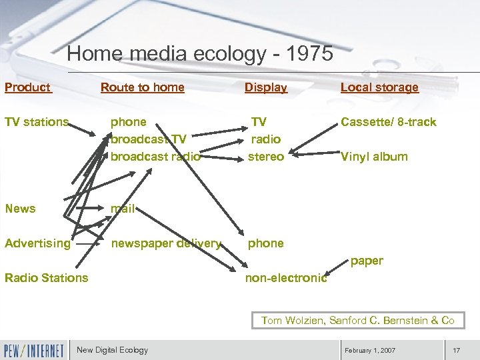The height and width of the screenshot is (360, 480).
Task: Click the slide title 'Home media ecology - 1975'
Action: tap(200, 53)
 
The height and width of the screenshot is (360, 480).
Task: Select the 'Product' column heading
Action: tap(27, 87)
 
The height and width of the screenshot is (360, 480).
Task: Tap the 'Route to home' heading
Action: tap(142, 87)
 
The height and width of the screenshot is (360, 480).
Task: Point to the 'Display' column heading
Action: tap(265, 87)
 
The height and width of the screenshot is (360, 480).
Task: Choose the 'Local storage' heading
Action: tap(379, 87)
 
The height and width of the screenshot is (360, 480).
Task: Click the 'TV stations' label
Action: tap(37, 122)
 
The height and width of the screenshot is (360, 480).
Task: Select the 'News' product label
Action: tap(20, 209)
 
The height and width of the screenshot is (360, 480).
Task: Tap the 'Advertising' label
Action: tap(37, 243)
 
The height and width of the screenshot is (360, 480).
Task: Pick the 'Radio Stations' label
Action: tap(46, 278)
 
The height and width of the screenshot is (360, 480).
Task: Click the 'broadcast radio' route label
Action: tap(155, 157)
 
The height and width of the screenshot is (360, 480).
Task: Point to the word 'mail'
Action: tap(123, 209)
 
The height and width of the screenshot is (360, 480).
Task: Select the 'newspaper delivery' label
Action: tap(166, 243)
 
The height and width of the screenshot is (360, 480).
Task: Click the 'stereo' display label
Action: tap(265, 157)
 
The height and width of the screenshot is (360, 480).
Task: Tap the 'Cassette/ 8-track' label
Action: tap(388, 122)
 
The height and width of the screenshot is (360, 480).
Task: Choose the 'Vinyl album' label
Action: tap(374, 157)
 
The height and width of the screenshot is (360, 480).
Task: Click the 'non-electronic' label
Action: tap(286, 279)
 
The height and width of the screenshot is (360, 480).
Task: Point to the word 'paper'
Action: tap(367, 261)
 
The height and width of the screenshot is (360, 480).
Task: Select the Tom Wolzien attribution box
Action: tap(357, 321)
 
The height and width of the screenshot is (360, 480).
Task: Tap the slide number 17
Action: tap(456, 351)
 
